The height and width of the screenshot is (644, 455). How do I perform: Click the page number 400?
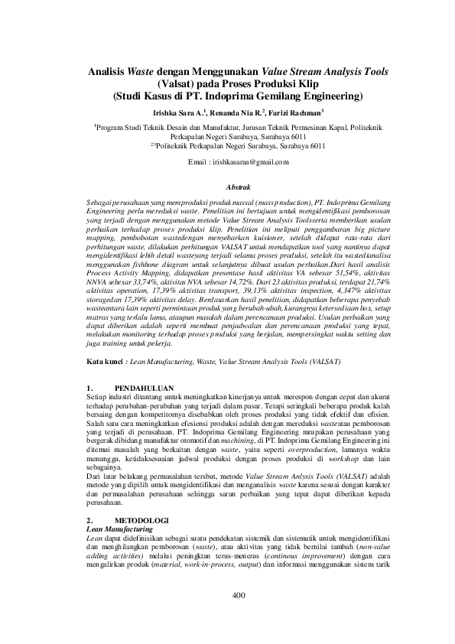[238, 617]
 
